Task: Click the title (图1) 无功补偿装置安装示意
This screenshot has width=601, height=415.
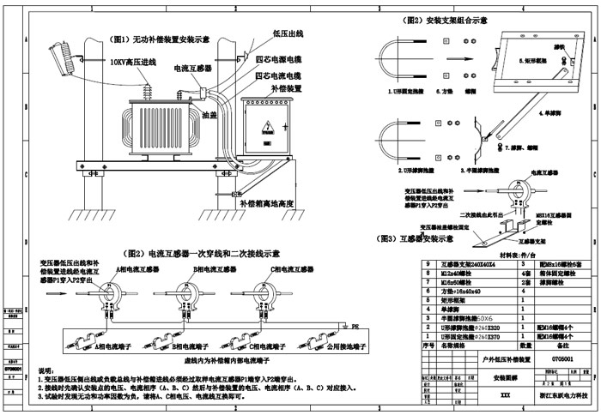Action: [163, 39]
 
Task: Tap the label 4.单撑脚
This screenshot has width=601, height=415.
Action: [549, 112]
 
